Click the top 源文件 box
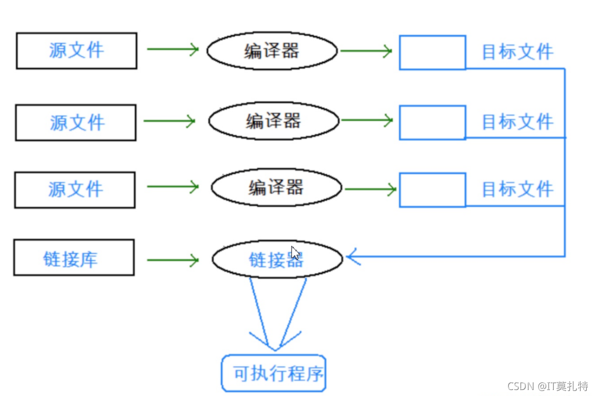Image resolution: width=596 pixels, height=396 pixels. coord(76,51)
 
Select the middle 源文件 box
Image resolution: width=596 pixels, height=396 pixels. coord(76,123)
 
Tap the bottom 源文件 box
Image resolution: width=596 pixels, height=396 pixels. coord(75,190)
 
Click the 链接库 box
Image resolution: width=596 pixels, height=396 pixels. coord(74,258)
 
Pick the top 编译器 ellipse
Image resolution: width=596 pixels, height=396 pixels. coord(272,51)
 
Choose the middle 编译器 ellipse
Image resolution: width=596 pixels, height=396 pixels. coord(274,120)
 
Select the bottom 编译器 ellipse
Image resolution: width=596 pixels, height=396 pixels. coord(276,188)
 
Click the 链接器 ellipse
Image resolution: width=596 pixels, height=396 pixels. coord(277,260)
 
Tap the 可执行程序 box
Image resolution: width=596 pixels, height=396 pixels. coord(274,374)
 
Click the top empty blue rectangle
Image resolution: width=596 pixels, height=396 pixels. coord(432,53)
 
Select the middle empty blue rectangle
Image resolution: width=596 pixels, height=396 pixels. coord(432,122)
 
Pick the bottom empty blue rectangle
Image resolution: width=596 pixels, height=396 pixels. coord(432,190)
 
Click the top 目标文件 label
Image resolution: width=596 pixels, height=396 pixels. coord(517,52)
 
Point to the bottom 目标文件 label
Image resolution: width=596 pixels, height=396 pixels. coord(517,190)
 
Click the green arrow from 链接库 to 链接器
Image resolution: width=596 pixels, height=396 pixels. coord(173,260)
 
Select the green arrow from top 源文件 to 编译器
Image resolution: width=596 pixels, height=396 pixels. coord(173,49)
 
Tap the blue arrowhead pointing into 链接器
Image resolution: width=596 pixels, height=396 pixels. coord(352,257)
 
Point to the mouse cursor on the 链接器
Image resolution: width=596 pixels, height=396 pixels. coord(295,253)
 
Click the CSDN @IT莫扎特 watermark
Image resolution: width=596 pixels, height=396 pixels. coord(547,386)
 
